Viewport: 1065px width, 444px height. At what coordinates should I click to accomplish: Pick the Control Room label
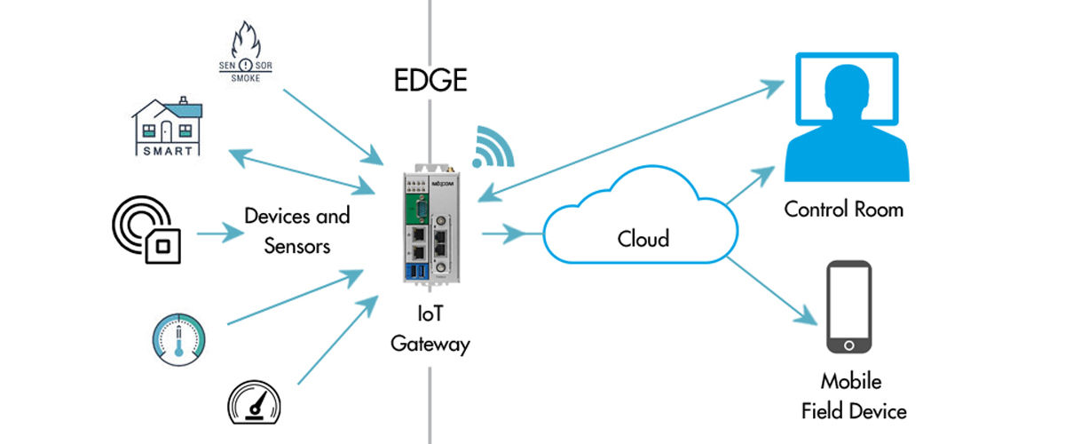point(843,210)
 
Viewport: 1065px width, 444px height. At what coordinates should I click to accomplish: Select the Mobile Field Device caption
point(853,396)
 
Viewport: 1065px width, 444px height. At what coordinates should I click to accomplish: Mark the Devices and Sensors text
point(297,230)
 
